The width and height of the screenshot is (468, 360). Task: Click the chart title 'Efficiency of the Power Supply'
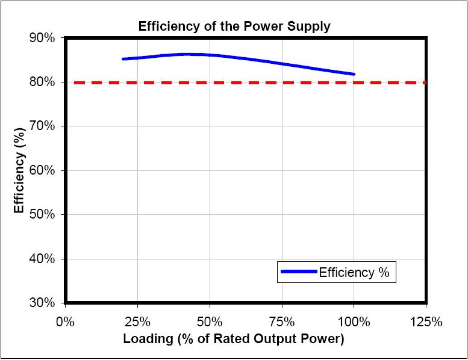click(234, 26)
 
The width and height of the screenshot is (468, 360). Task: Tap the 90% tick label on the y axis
click(43, 38)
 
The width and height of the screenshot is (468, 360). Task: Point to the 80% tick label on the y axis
click(43, 82)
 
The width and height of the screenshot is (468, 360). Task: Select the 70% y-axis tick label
click(43, 126)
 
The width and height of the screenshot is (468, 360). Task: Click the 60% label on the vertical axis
click(43, 170)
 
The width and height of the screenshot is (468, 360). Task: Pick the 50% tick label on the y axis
click(43, 215)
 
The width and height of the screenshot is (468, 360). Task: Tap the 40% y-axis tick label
click(43, 259)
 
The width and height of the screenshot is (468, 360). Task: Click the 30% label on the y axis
click(43, 303)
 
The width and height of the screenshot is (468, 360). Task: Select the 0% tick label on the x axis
click(65, 321)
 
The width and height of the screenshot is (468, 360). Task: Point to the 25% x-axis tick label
click(137, 321)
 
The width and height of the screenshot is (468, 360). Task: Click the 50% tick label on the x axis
click(210, 321)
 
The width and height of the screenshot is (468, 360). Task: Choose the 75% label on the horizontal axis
click(282, 321)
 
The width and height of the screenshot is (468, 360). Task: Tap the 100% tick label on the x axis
click(354, 321)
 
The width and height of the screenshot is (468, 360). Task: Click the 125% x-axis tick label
click(426, 321)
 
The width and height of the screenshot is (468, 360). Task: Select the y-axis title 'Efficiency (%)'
click(20, 170)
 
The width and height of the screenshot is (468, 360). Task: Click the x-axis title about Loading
click(233, 339)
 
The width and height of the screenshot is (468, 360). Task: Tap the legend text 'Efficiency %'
click(354, 273)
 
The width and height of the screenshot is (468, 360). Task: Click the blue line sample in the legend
click(299, 273)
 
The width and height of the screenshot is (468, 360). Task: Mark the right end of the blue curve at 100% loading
click(354, 74)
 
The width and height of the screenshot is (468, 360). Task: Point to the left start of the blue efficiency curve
click(123, 59)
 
